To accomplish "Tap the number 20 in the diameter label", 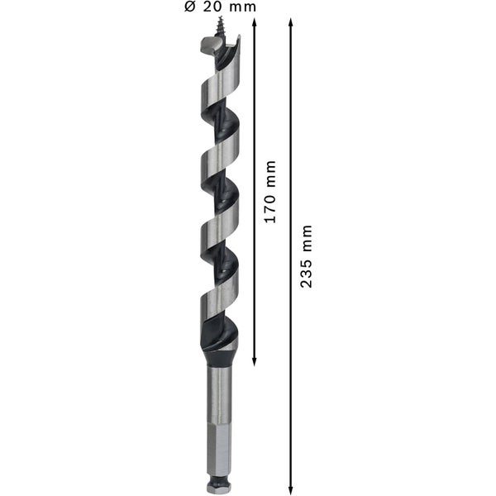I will (x=211, y=7).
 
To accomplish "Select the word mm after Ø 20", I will (x=241, y=7).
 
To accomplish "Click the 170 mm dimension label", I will (x=270, y=191).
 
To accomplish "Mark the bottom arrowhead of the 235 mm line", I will (x=291, y=488).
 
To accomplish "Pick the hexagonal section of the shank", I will (x=219, y=446).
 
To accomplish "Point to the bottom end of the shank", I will (x=219, y=489).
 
